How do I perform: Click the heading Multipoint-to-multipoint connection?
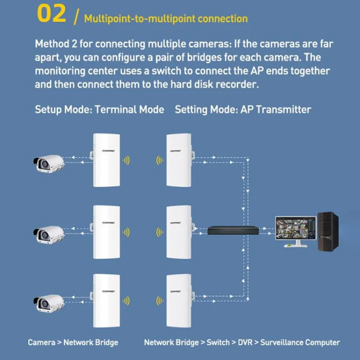pyautogui.click(x=166, y=19)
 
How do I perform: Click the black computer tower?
pyautogui.click(x=328, y=231)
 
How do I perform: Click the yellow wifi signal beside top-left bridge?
pyautogui.click(x=127, y=160)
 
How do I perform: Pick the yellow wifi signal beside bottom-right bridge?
pyautogui.click(x=158, y=301)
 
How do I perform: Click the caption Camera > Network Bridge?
pyautogui.click(x=73, y=342)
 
